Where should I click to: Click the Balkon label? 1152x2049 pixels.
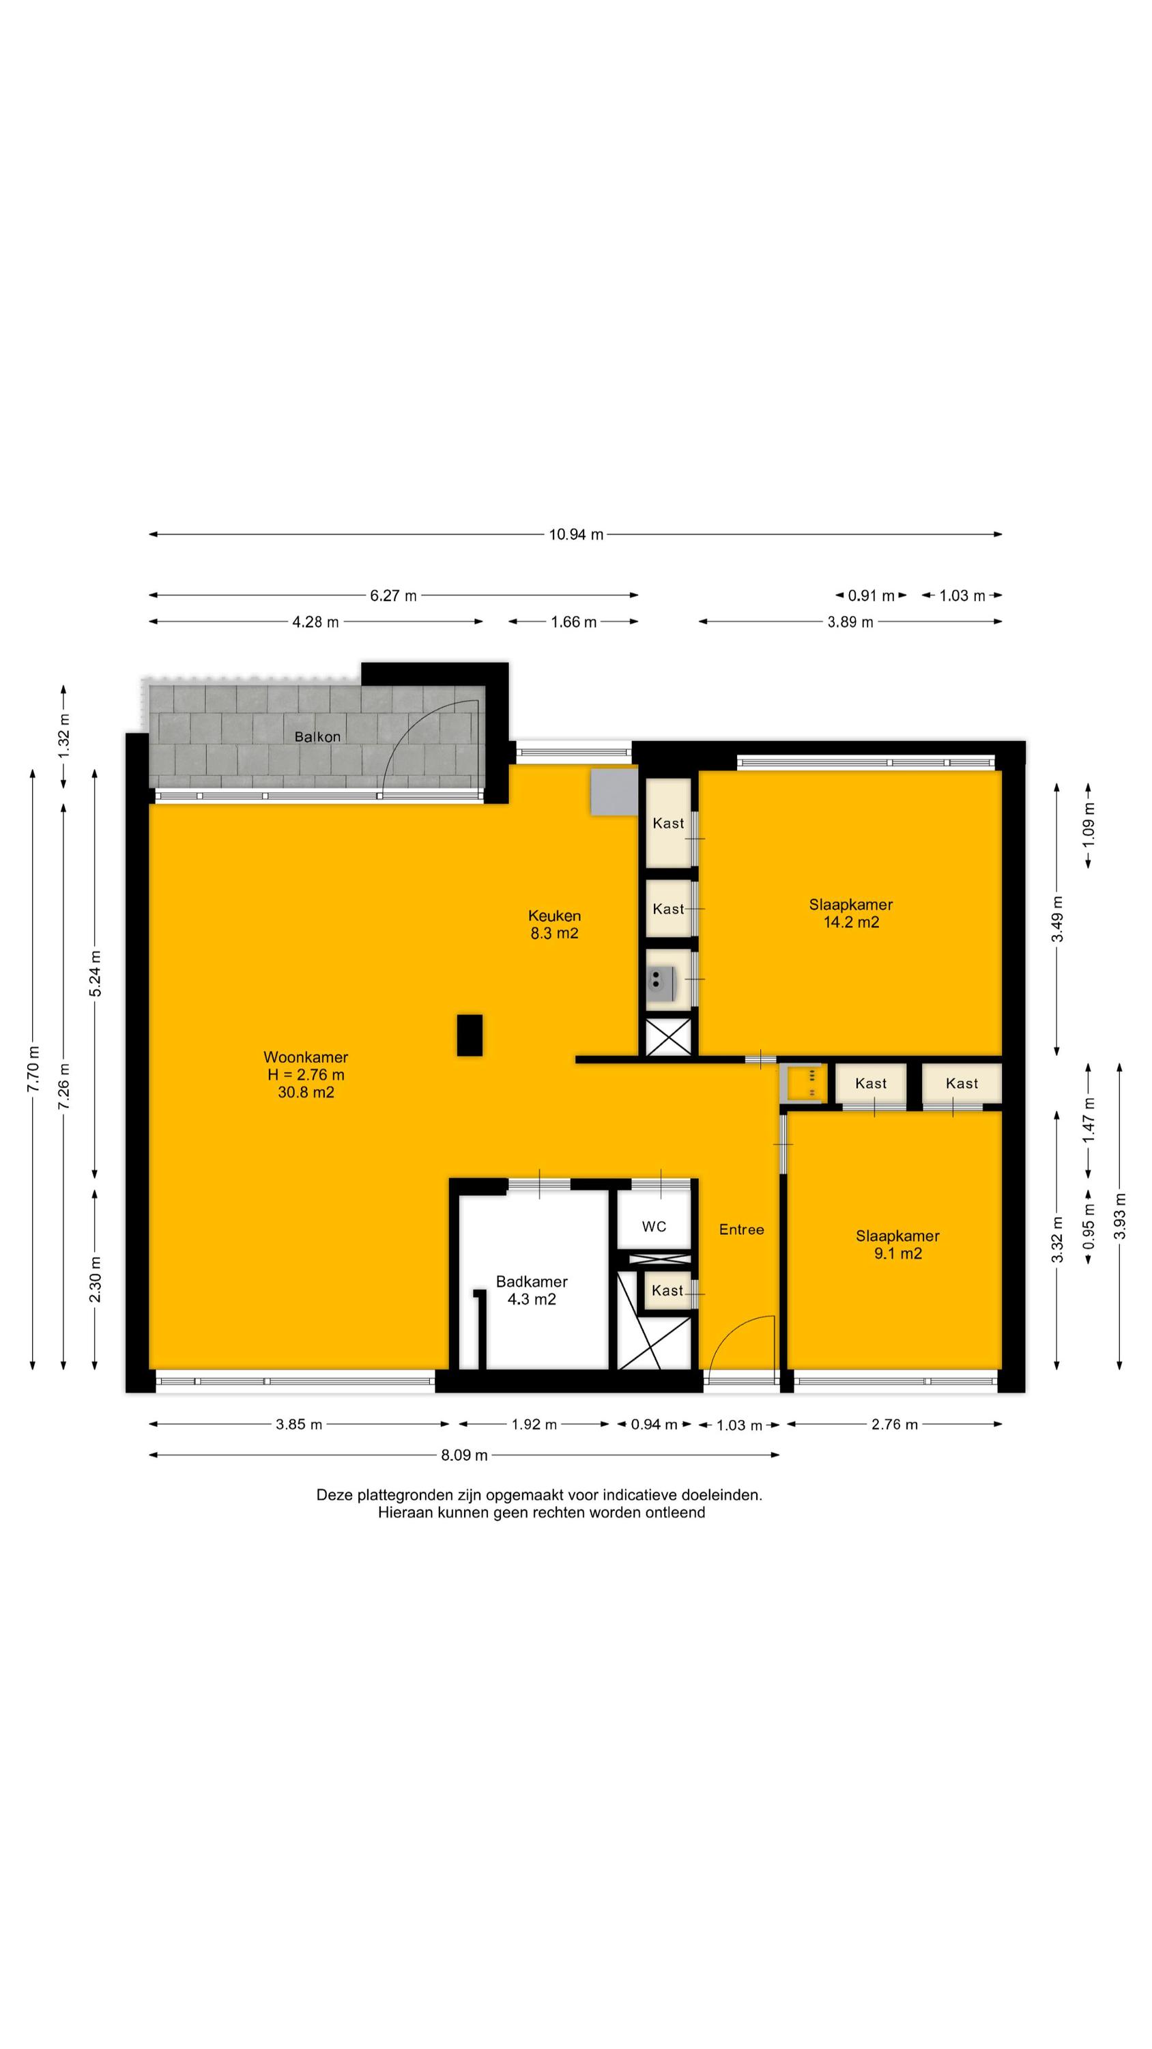pyautogui.click(x=317, y=736)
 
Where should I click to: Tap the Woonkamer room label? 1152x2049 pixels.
pyautogui.click(x=306, y=1057)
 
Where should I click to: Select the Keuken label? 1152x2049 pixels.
pyautogui.click(x=554, y=915)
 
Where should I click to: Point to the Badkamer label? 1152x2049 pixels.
pyautogui.click(x=532, y=1281)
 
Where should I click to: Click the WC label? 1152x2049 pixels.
pyautogui.click(x=654, y=1227)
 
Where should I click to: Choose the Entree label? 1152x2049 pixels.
pyautogui.click(x=742, y=1229)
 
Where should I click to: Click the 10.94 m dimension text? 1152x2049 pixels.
pyautogui.click(x=575, y=535)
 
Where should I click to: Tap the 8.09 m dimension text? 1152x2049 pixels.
pyautogui.click(x=464, y=1455)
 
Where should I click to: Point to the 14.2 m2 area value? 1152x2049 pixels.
pyautogui.click(x=852, y=923)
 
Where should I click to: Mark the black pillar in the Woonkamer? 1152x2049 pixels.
pyautogui.click(x=470, y=1035)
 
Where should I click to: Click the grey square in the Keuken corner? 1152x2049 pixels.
pyautogui.click(x=614, y=792)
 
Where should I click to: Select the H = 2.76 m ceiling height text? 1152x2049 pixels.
pyautogui.click(x=306, y=1074)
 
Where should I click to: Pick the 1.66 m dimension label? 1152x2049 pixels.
pyautogui.click(x=573, y=622)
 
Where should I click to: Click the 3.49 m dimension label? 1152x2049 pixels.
pyautogui.click(x=1057, y=919)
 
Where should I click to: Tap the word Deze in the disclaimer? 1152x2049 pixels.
pyautogui.click(x=334, y=1494)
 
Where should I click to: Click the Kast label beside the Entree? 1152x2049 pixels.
pyautogui.click(x=667, y=1290)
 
